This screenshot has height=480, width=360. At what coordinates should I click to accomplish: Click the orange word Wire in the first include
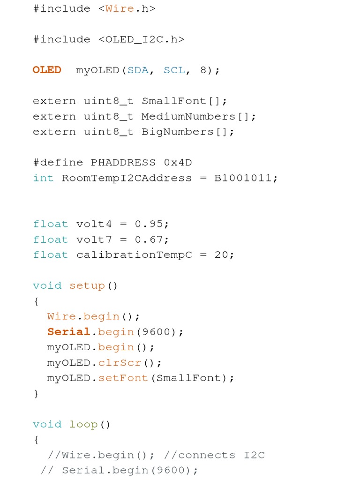point(120,8)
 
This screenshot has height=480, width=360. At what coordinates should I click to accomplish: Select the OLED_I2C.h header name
point(141,39)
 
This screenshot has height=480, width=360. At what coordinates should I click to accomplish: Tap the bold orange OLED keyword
point(47,70)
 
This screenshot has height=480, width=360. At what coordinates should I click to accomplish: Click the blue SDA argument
point(138,70)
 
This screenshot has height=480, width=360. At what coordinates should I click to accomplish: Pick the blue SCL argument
point(174,70)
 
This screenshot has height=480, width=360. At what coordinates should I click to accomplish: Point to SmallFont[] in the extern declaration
point(184,101)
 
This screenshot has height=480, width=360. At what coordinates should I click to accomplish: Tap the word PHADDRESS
point(123,163)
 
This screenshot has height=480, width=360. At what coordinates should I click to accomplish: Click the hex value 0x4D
point(178,163)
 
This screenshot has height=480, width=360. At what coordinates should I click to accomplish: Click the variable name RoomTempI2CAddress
point(127,178)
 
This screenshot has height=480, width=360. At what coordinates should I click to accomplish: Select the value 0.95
point(149,224)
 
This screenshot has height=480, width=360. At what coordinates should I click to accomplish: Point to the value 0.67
point(149,240)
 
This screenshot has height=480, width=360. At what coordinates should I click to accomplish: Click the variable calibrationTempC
point(134,255)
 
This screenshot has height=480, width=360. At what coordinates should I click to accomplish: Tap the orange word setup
point(87,285)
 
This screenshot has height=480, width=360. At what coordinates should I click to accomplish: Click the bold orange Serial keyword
point(68,331)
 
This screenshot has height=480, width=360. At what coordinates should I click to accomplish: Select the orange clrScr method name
point(120,362)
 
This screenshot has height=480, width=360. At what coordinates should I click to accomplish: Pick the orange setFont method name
point(123,378)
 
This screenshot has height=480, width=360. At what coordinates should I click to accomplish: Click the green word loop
point(83,424)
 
